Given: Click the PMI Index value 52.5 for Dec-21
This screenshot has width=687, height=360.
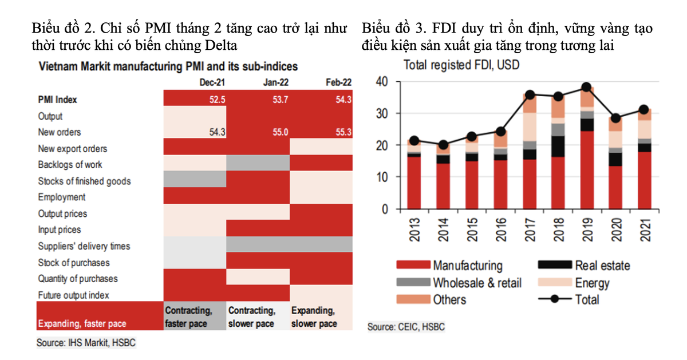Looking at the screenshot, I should tap(217, 100).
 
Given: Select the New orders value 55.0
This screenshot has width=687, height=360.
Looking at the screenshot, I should tap(280, 132).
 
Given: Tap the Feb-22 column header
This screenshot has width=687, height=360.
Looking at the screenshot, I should tap(338, 82).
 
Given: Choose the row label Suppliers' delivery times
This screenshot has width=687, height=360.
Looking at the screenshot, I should tap(84, 246).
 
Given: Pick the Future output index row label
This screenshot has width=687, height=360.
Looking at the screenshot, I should tap(73, 295).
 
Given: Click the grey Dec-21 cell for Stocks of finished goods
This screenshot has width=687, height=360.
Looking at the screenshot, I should tap(195, 181).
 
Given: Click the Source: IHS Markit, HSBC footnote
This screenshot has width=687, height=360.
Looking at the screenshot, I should tap(86, 343).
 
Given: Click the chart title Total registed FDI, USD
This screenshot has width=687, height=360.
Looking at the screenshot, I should tap(461, 65).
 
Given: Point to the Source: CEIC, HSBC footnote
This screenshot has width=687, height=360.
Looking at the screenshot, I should tap(406, 327).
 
